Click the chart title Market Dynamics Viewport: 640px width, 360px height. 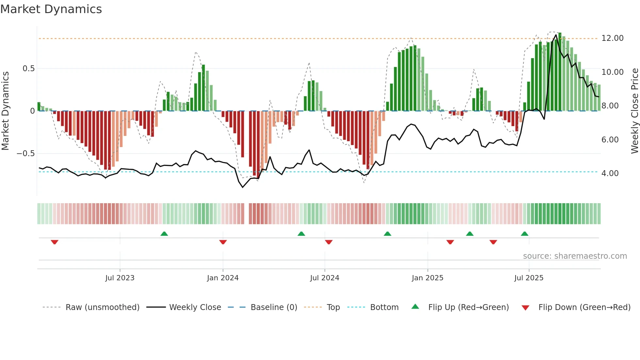[51, 9]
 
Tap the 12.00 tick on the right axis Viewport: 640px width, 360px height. [612, 38]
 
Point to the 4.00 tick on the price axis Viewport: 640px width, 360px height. [610, 173]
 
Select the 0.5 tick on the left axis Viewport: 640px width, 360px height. [28, 69]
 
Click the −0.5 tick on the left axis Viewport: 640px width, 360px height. [26, 154]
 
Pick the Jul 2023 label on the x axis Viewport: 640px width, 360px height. [120, 278]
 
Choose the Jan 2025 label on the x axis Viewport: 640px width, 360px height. [427, 278]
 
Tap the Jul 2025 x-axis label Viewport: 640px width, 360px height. [529, 278]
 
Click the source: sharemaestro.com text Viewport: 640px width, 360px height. [575, 256]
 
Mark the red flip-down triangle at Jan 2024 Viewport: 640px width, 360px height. [223, 242]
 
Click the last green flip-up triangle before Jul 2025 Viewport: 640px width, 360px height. [524, 234]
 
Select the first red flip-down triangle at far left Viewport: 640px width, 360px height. [55, 242]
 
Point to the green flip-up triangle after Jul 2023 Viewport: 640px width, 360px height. [164, 234]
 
